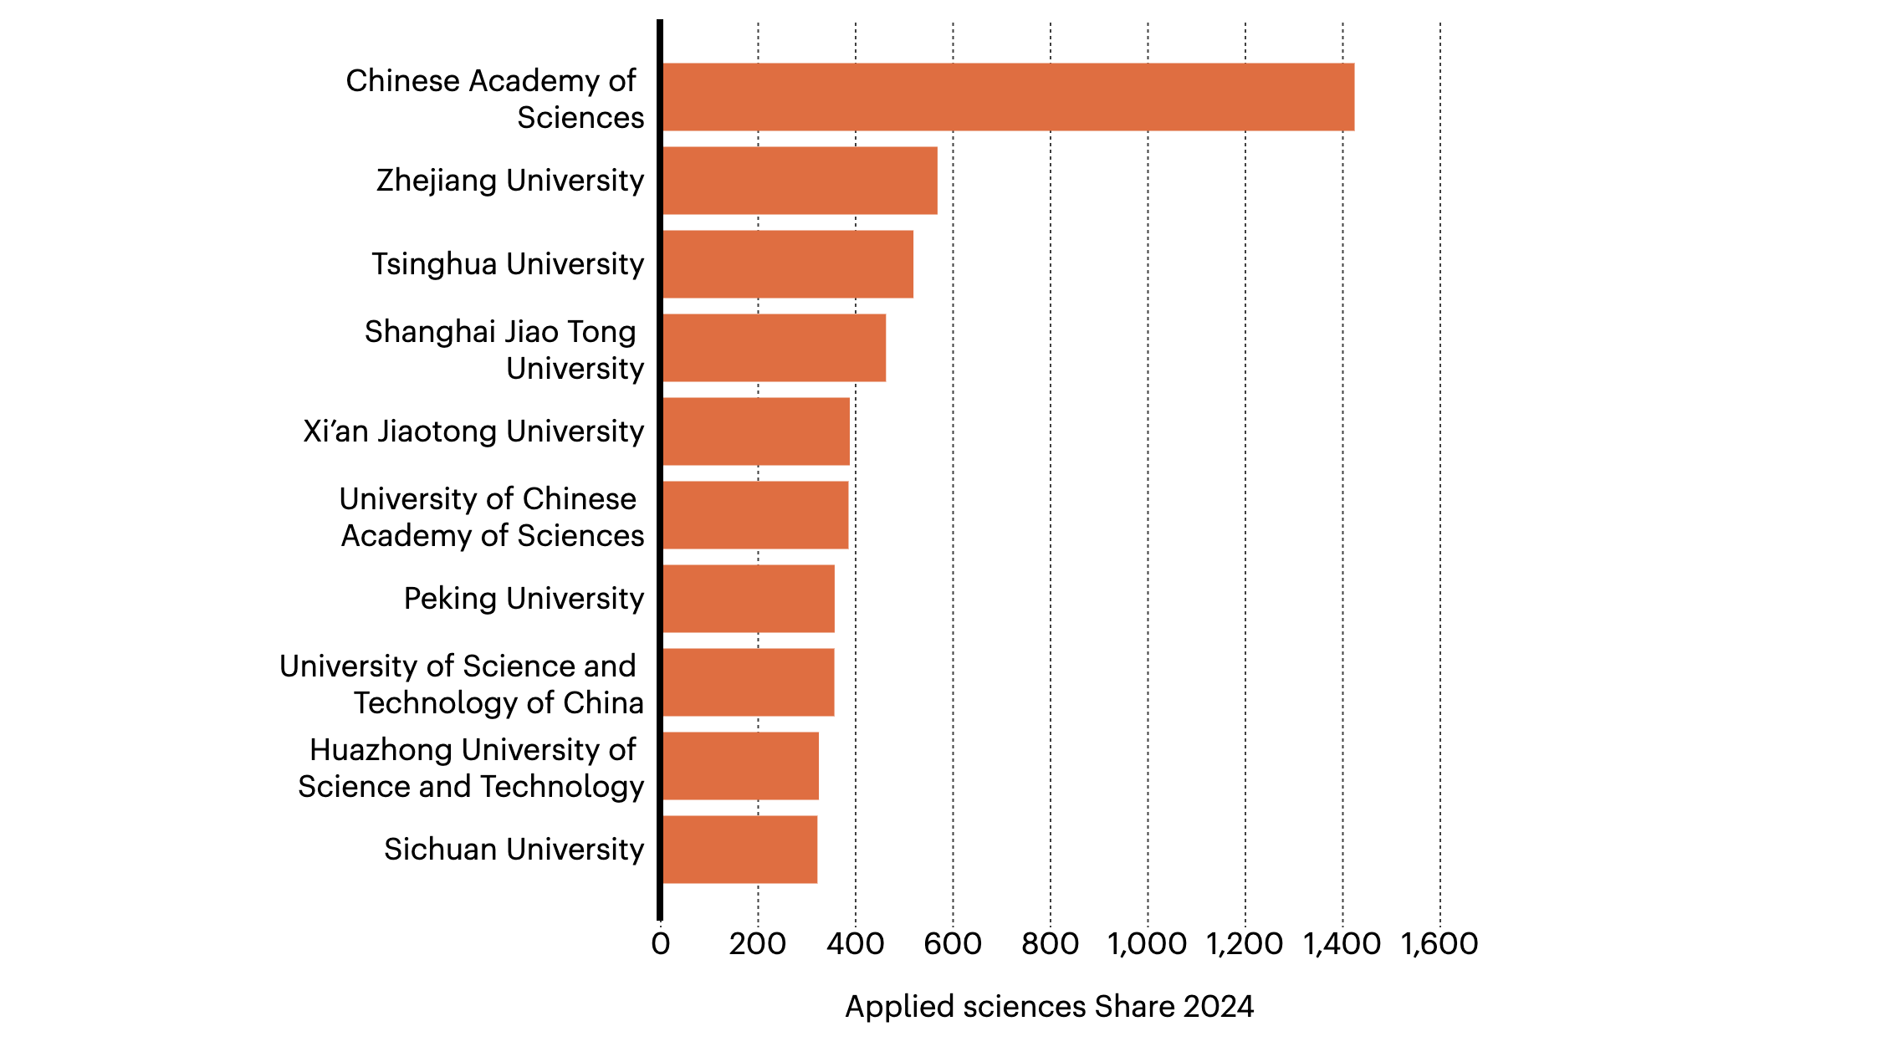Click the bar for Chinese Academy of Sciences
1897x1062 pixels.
pyautogui.click(x=1008, y=97)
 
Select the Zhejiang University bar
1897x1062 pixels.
pyautogui.click(x=800, y=181)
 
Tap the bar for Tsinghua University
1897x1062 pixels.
pyautogui.click(x=788, y=264)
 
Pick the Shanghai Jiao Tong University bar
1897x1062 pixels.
pyautogui.click(x=774, y=348)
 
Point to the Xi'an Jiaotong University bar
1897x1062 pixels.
pyautogui.click(x=756, y=431)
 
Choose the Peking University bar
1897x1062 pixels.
pyautogui.click(x=749, y=599)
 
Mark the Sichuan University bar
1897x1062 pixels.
pyautogui.click(x=740, y=850)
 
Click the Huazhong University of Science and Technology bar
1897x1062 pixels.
pyautogui.click(x=741, y=766)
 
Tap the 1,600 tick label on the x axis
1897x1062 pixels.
pyautogui.click(x=1439, y=944)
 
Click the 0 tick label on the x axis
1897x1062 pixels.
pyautogui.click(x=661, y=944)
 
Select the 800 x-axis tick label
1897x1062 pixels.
pyautogui.click(x=1050, y=944)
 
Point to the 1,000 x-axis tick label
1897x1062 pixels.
pyautogui.click(x=1147, y=944)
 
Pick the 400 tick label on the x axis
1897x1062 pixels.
pyautogui.click(x=855, y=944)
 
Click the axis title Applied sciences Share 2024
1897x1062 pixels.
pyautogui.click(x=1050, y=1007)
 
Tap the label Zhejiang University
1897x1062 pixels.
pyautogui.click(x=510, y=181)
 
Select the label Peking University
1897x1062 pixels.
pyautogui.click(x=524, y=599)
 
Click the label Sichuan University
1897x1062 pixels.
pyautogui.click(x=514, y=850)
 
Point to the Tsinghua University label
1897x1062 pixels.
pyautogui.click(x=508, y=264)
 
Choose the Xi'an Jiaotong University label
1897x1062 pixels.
pyautogui.click(x=473, y=431)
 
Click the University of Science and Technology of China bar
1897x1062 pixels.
pyautogui.click(x=749, y=682)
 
